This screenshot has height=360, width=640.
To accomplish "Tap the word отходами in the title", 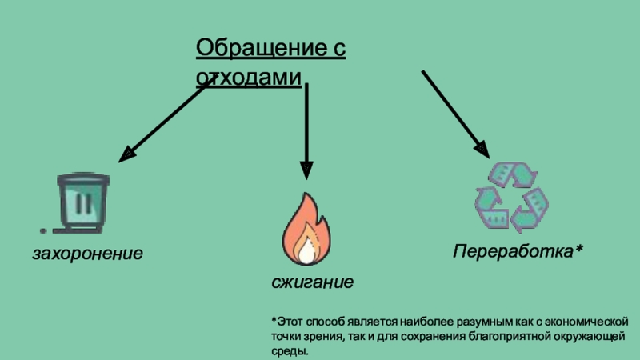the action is (x=249, y=77).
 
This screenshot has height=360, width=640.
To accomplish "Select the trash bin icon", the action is (x=83, y=202).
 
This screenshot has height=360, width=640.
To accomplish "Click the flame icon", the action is (x=306, y=230).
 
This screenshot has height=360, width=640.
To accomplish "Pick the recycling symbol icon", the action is (x=511, y=197).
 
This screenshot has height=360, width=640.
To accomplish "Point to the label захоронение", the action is (x=88, y=254).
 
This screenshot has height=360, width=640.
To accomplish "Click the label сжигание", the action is (x=313, y=282).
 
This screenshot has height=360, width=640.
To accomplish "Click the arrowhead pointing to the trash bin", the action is (x=126, y=155).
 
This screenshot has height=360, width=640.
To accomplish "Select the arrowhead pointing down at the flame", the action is (x=306, y=170).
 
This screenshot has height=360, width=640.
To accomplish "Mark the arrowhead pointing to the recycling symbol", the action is (x=482, y=150).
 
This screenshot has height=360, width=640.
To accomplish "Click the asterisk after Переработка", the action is (x=578, y=248).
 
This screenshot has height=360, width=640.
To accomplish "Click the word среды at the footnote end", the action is (x=290, y=351).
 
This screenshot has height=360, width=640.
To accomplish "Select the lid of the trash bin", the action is (x=83, y=178).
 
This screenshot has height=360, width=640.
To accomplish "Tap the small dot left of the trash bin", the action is (x=43, y=231).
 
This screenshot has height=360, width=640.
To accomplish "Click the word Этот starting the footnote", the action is (x=290, y=322).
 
